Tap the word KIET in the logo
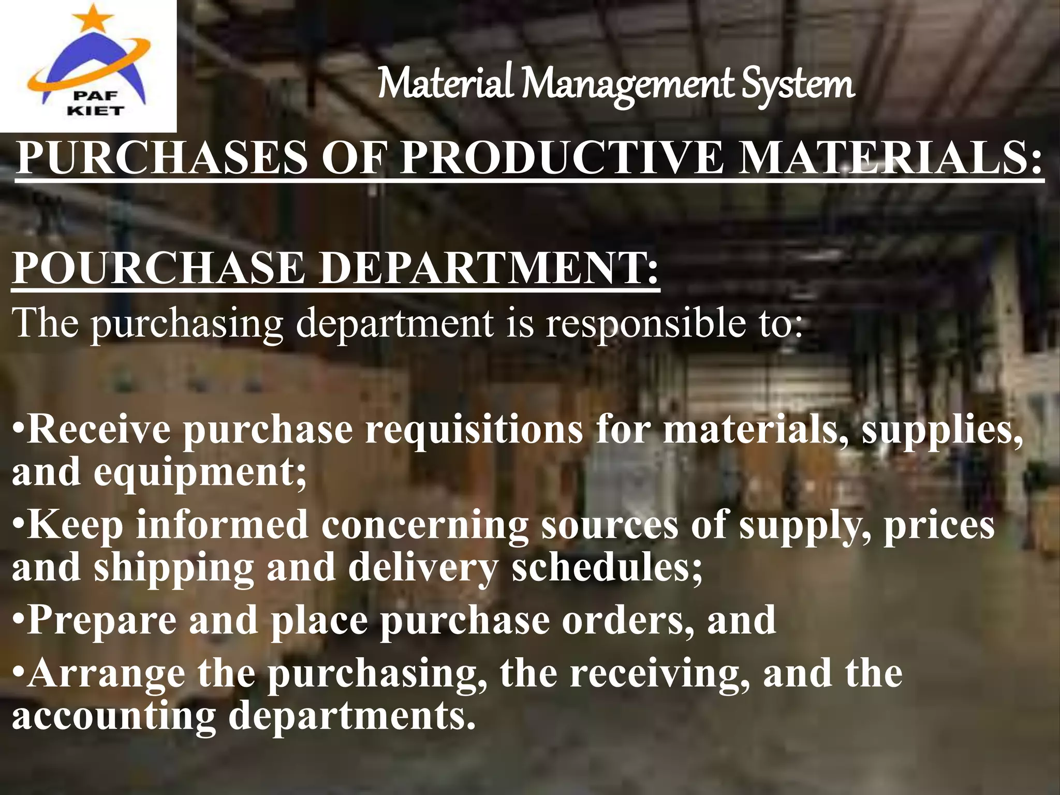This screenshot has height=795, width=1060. (x=96, y=110)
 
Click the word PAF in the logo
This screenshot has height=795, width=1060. (x=96, y=95)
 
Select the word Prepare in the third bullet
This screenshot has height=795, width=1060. (x=101, y=621)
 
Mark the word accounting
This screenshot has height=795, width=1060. (x=114, y=717)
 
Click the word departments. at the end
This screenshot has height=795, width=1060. (x=352, y=717)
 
